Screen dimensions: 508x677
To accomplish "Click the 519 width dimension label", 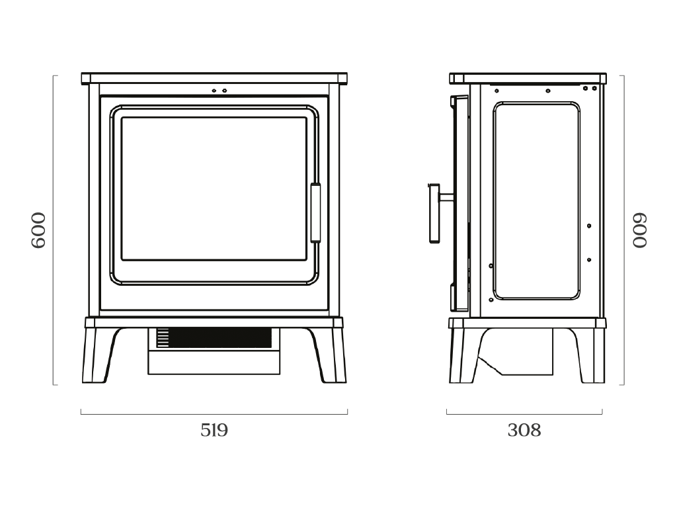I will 214,431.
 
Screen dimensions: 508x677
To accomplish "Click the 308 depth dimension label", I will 524,431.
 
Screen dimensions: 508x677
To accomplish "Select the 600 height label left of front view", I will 39,230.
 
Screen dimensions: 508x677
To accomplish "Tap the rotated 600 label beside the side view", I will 640,230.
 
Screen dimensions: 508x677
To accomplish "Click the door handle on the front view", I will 315,214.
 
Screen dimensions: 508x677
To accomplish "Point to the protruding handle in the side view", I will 433,213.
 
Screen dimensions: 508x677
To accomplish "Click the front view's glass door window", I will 214,189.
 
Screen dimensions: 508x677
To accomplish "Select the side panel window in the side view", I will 536,200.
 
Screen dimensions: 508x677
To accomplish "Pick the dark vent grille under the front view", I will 221,338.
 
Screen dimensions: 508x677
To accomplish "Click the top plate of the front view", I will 214,78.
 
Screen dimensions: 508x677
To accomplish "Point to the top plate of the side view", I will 528,78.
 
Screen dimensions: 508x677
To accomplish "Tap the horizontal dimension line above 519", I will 214,414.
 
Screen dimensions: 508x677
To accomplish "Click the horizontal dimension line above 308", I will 524,414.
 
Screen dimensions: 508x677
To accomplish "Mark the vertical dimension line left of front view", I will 54,230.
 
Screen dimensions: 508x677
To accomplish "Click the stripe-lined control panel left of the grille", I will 163,338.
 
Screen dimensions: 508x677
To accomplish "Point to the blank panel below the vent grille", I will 214,362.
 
